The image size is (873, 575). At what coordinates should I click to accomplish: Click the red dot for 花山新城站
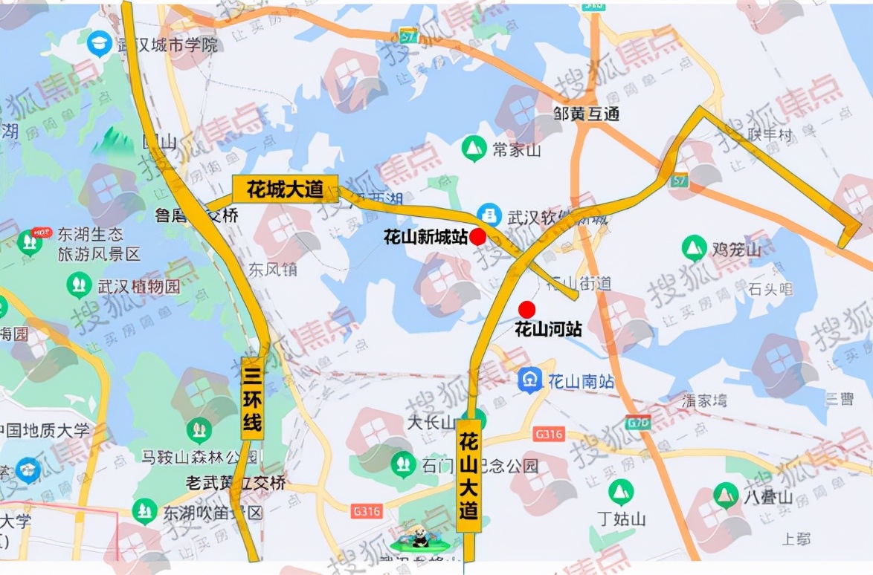(477, 237)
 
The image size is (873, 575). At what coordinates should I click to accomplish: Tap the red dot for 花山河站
(527, 309)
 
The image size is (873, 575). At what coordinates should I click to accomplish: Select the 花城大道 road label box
(285, 189)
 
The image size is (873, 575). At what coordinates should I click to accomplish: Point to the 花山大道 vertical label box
(468, 475)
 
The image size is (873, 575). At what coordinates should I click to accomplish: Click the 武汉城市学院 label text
(167, 45)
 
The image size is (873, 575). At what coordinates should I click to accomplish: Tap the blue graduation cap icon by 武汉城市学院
(98, 45)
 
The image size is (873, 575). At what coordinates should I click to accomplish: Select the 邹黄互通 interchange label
(587, 114)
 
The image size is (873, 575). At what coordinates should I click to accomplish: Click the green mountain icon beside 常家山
(473, 149)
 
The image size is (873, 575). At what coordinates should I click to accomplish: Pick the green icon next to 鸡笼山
(694, 249)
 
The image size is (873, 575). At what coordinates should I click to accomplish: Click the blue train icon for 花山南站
(529, 381)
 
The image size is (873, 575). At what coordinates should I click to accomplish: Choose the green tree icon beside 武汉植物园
(79, 285)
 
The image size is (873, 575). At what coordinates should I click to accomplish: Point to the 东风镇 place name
(272, 269)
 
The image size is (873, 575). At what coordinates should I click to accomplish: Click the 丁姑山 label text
(621, 519)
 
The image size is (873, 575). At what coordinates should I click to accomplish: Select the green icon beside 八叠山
(725, 495)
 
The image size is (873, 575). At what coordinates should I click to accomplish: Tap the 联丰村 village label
(771, 135)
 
